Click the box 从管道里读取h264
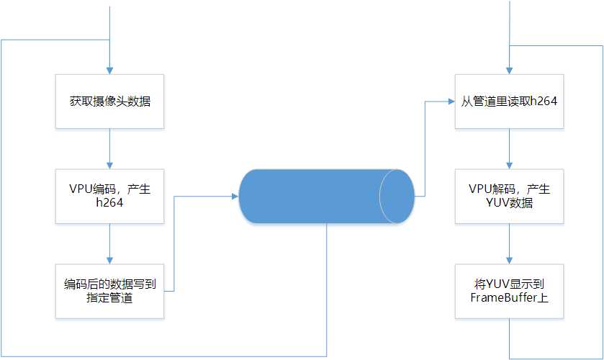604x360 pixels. tap(510, 102)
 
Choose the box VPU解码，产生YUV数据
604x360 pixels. tap(510, 196)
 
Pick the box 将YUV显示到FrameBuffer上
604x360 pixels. tap(510, 291)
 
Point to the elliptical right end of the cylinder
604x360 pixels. tap(397, 196)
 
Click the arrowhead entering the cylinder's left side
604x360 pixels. tap(235, 196)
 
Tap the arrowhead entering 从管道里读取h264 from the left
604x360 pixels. tap(451, 102)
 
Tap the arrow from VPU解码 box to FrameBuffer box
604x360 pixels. tap(510, 243)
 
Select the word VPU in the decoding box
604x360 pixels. tap(481, 189)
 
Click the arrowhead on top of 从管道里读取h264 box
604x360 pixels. tap(510, 70)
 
